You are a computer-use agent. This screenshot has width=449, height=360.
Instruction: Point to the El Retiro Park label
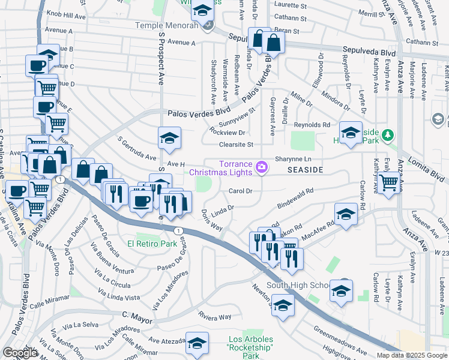151,244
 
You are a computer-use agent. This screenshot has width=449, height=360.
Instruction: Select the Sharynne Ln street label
294,159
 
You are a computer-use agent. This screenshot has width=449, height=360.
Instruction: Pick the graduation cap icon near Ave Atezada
197,343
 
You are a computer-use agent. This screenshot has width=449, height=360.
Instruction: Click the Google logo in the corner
20,353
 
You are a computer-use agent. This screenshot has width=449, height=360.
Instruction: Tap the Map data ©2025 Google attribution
411,355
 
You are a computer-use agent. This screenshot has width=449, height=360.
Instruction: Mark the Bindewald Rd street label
295,200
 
